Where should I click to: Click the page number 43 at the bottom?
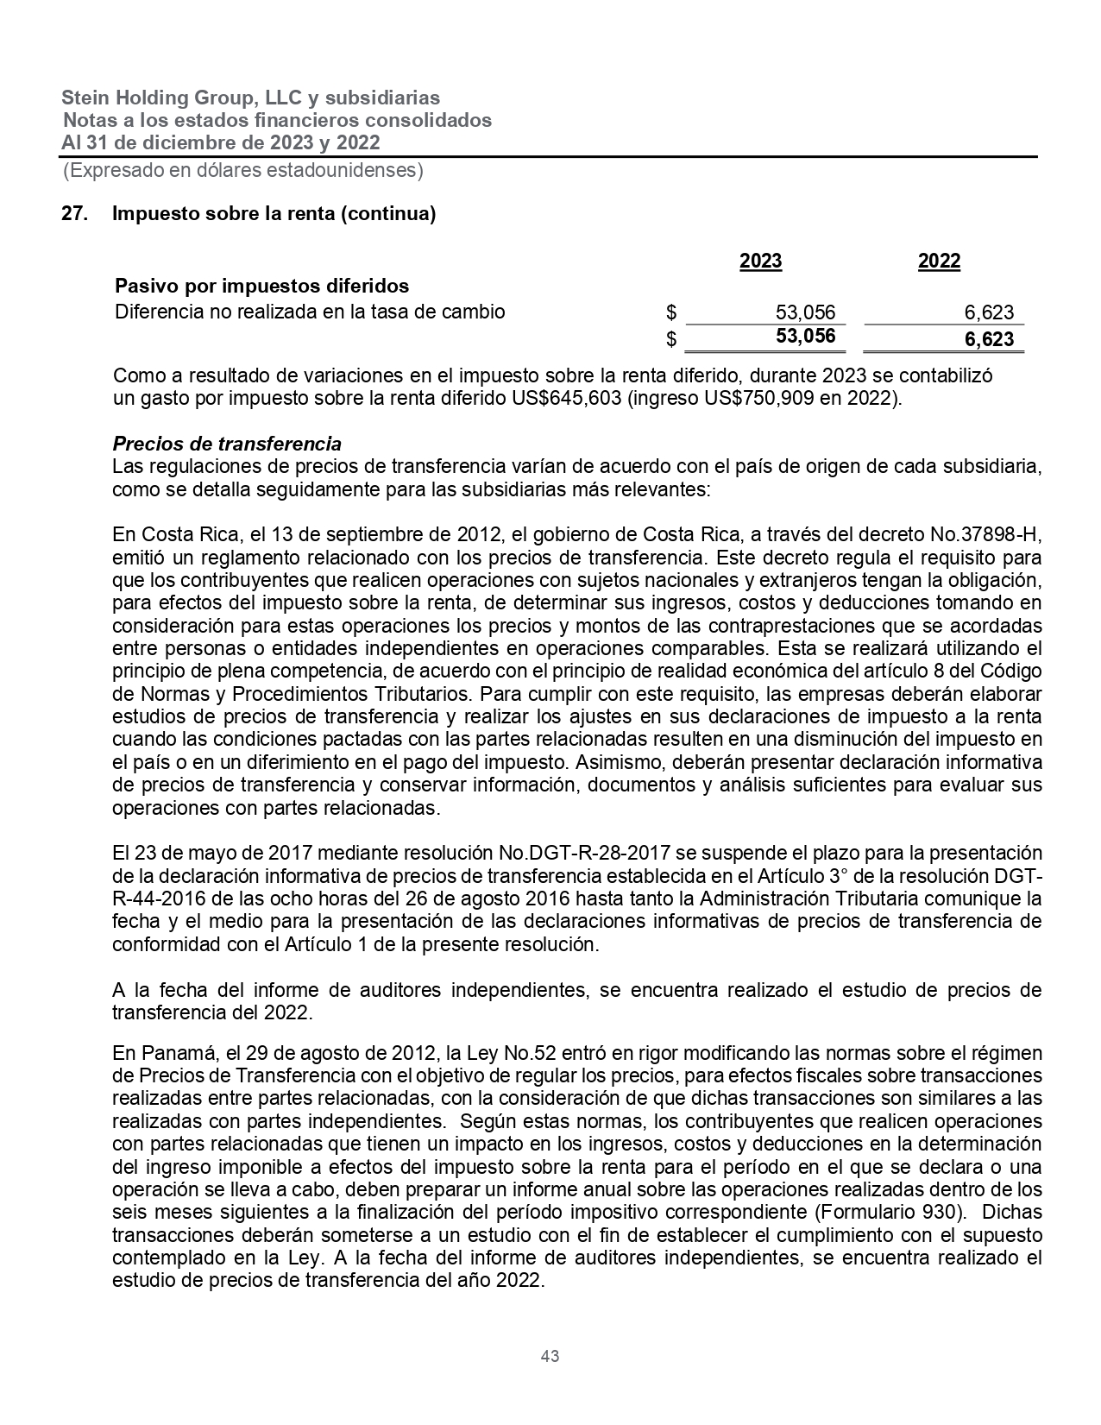tap(550, 1356)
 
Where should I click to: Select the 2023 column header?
tap(761, 262)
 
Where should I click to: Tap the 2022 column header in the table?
tap(939, 262)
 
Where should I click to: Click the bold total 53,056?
tap(805, 336)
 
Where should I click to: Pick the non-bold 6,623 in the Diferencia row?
tap(989, 312)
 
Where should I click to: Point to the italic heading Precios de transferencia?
tap(227, 445)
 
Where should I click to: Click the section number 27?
tap(74, 214)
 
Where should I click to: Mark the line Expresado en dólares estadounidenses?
tap(242, 171)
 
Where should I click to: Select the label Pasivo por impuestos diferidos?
tap(262, 286)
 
